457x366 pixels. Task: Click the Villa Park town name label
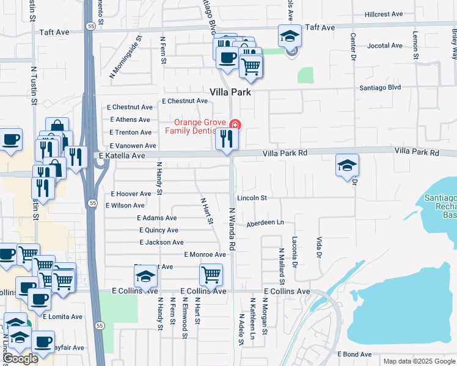231,92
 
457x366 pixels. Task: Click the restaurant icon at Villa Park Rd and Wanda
226,140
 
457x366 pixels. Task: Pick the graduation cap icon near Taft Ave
290,36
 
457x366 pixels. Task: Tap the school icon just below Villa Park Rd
347,165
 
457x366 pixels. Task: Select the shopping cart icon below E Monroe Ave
211,274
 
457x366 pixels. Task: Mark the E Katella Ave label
122,156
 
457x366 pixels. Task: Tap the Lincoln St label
252,198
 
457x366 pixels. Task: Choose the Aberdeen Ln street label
266,224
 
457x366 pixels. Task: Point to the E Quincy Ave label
159,230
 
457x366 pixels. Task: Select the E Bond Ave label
353,354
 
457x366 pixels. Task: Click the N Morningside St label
125,57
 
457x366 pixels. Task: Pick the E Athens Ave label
130,120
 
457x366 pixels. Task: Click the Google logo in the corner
20,359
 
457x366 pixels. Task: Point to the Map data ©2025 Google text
419,361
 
